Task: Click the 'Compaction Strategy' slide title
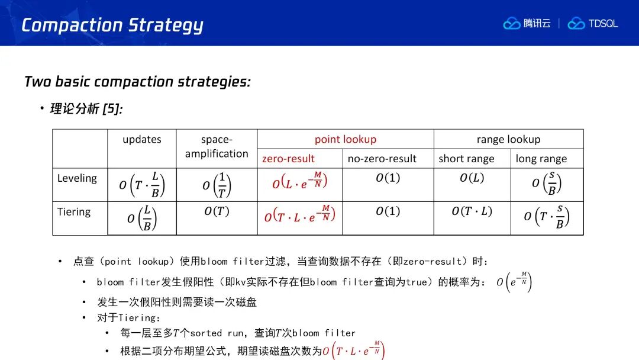112,25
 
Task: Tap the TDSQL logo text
603,24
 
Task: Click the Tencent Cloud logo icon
511,24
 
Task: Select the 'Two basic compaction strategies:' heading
137,82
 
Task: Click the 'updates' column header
142,139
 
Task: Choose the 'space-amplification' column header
217,146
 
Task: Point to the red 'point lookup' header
345,139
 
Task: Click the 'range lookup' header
508,139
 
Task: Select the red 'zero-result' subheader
288,159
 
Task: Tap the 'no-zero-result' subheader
382,159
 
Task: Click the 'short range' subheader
466,159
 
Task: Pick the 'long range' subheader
541,159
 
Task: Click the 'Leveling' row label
77,178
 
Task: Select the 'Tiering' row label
74,212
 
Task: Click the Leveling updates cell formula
142,185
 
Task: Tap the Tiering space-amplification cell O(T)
217,211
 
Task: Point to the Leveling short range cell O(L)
472,178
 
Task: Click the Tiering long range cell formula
547,217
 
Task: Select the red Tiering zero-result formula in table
299,214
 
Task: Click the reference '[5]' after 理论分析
112,109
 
